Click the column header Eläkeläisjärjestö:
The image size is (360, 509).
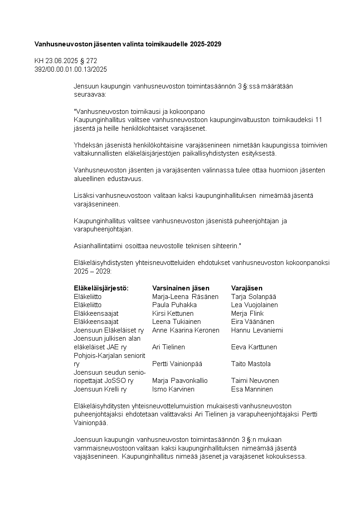(x=101, y=288)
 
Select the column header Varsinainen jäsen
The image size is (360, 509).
(x=181, y=288)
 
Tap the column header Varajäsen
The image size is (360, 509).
(x=247, y=288)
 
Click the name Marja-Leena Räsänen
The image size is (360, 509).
(x=185, y=297)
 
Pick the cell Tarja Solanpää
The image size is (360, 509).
(x=253, y=297)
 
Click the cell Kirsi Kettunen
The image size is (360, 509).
(x=173, y=313)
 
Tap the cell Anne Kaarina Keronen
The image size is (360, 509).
(x=186, y=330)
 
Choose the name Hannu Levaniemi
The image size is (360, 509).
(x=257, y=330)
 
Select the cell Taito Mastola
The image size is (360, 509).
(x=251, y=364)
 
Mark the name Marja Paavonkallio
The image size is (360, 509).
(x=180, y=381)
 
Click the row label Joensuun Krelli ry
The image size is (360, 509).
(x=100, y=389)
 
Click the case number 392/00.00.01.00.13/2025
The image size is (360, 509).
(x=71, y=69)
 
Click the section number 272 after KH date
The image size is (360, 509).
(x=92, y=61)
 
